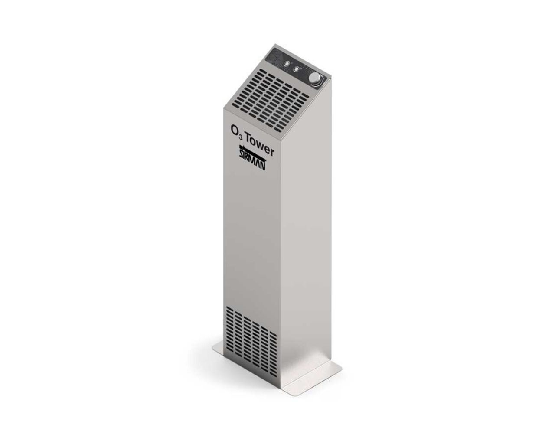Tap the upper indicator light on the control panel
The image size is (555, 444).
pos(287,64)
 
